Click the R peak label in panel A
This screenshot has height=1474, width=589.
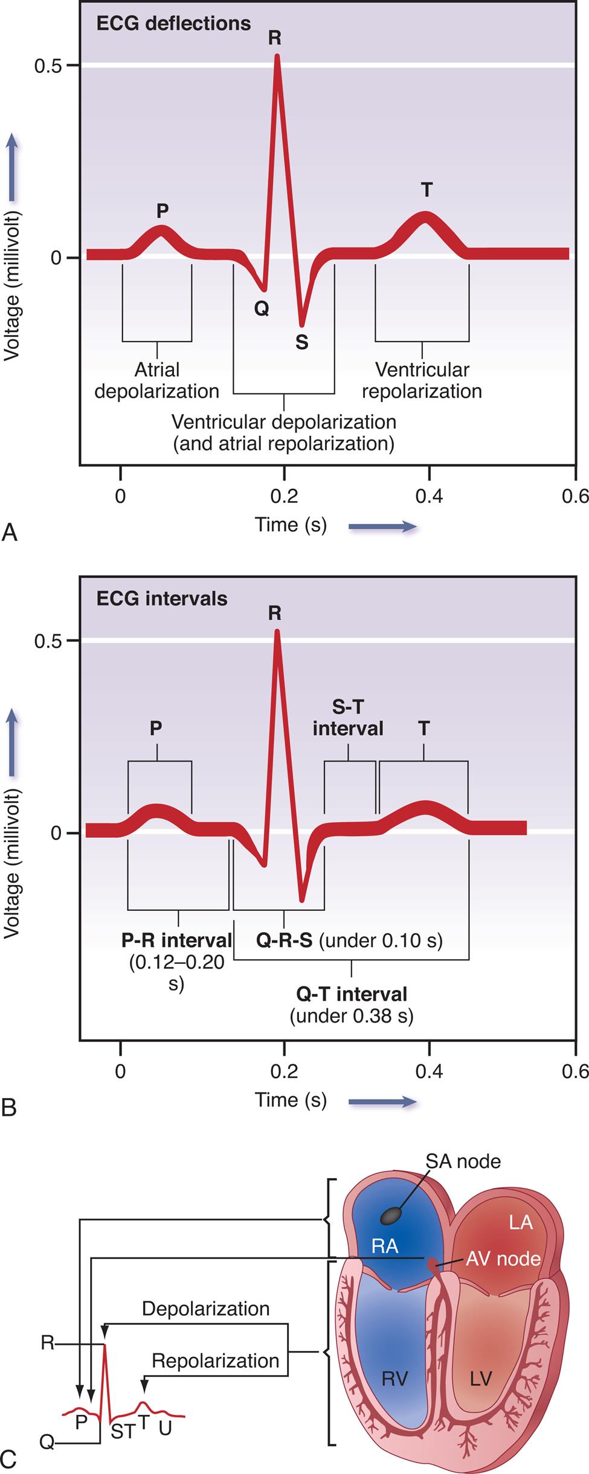point(274,38)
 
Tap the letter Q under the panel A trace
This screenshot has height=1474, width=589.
point(261,309)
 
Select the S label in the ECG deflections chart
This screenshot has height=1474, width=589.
point(301,343)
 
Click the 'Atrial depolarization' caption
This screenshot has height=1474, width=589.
point(157,380)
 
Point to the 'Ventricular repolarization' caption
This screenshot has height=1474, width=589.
point(422,380)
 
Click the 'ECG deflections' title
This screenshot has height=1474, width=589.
point(173,24)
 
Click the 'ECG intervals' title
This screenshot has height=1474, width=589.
point(162,599)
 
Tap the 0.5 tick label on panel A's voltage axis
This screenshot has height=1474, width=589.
point(48,66)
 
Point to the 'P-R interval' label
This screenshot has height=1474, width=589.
point(176,940)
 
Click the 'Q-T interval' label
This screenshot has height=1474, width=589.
point(352,994)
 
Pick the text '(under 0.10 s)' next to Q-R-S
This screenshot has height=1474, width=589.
point(381,940)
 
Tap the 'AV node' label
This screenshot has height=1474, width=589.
point(503,1259)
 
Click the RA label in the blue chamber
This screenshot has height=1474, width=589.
point(385,1246)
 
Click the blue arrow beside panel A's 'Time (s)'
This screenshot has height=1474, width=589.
point(382,526)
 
